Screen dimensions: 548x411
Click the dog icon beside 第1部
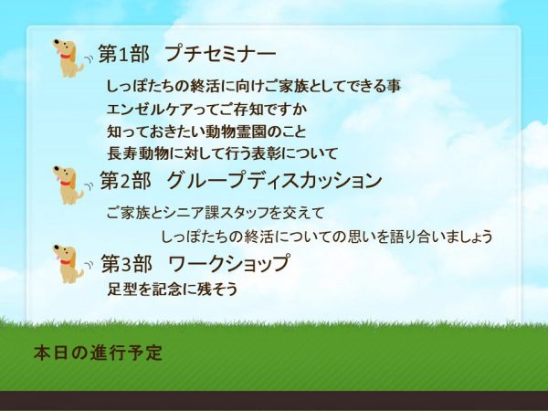point(68,58)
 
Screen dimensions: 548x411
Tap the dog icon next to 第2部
point(68,184)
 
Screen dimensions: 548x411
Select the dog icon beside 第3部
point(68,264)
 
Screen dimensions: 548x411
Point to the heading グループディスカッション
point(274,181)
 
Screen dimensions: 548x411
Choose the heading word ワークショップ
point(229,263)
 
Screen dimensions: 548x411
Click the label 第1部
point(124,54)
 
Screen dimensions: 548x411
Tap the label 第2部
point(126,181)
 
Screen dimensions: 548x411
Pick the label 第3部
point(127,263)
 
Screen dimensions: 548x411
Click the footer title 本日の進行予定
point(99,353)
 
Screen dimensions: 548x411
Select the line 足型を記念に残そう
point(173,289)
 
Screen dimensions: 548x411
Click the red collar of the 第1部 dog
point(65,56)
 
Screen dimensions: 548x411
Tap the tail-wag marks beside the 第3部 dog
point(90,266)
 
